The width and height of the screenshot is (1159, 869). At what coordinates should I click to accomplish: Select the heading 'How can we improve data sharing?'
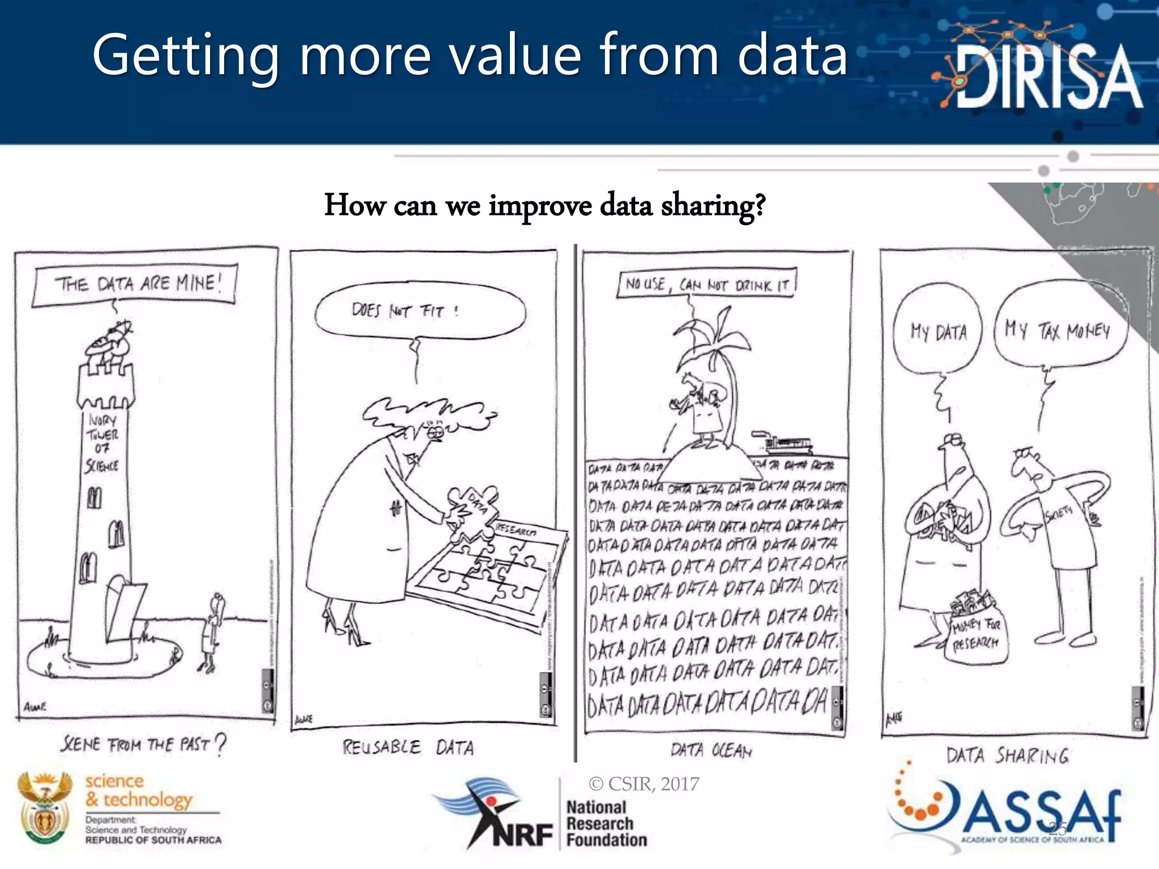coord(544,205)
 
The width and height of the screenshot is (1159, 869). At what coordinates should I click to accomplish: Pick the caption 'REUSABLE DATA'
coord(408,748)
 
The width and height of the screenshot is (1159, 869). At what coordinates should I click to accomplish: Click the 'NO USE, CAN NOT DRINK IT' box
coord(707,285)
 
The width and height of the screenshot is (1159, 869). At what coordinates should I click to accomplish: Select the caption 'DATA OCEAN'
coord(711,751)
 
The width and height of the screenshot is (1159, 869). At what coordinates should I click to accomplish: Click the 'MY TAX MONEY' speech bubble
coord(1059,330)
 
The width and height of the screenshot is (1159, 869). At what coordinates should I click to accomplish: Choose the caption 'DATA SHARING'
coord(1008,756)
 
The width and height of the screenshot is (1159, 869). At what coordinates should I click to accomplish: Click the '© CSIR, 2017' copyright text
coord(643,784)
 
